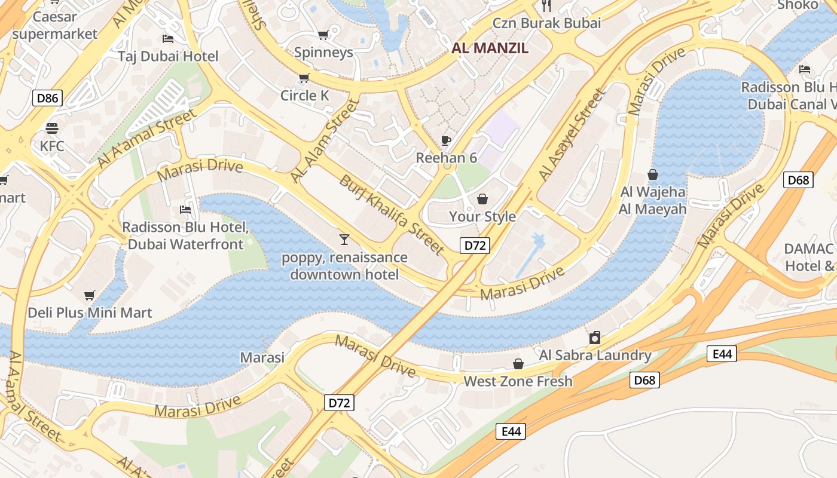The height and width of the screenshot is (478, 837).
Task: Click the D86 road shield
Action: pyautogui.click(x=47, y=97)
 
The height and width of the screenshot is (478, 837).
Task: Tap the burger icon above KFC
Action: pyautogui.click(x=52, y=128)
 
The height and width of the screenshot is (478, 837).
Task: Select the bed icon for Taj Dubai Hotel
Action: pyautogui.click(x=168, y=39)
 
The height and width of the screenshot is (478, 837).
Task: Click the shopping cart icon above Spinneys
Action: pyautogui.click(x=323, y=35)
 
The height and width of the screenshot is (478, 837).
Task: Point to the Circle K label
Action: pyautogui.click(x=305, y=96)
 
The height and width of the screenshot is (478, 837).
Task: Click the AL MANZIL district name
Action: pyautogui.click(x=490, y=48)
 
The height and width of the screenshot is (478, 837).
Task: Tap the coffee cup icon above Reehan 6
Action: pyautogui.click(x=445, y=140)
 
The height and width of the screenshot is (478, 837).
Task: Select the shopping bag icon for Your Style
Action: pyautogui.click(x=482, y=198)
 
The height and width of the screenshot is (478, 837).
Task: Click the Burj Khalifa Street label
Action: pyautogui.click(x=392, y=214)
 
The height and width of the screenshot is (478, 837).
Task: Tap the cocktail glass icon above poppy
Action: pyautogui.click(x=344, y=240)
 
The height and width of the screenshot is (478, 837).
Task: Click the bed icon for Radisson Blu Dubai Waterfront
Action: pyautogui.click(x=185, y=210)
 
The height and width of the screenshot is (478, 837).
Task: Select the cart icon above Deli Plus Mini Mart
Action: pyautogui.click(x=90, y=295)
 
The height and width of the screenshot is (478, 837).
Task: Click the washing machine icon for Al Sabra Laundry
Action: pyautogui.click(x=594, y=338)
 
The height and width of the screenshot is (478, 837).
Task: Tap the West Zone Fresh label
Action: pyautogui.click(x=518, y=381)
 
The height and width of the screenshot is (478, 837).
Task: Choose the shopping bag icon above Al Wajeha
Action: pyautogui.click(x=653, y=174)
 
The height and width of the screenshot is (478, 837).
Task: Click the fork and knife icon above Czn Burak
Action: pyautogui.click(x=546, y=6)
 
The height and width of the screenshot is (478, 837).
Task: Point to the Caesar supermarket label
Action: pyautogui.click(x=54, y=25)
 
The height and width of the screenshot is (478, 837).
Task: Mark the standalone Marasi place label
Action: pyautogui.click(x=262, y=357)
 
